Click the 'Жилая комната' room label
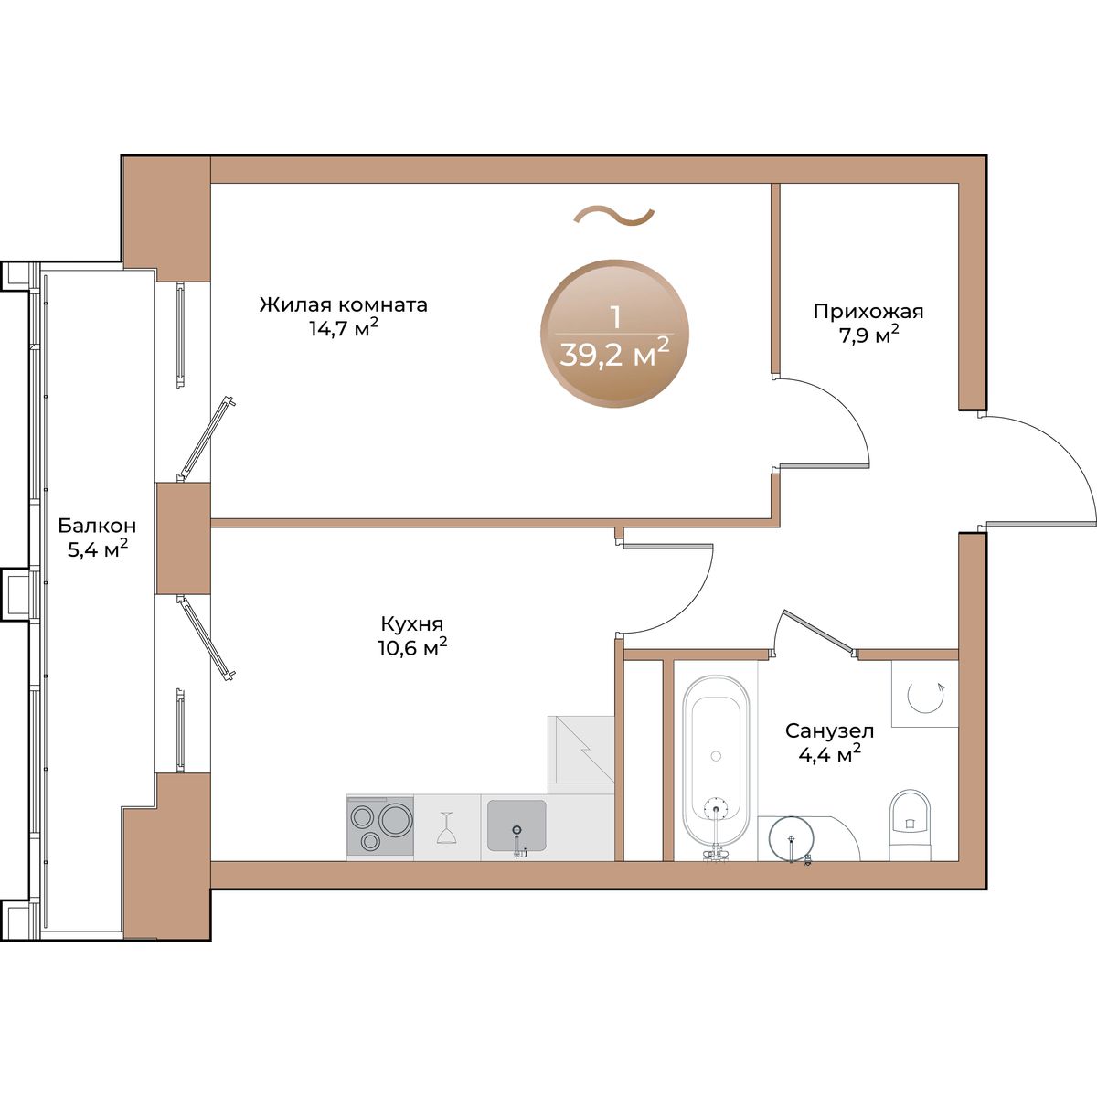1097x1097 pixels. pos(344,305)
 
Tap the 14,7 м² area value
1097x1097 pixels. pos(344,328)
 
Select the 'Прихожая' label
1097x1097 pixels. pos(868,312)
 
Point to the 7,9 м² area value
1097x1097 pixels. pos(868,335)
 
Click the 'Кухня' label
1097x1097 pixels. pos(412,623)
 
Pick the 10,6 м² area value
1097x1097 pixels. pos(412,646)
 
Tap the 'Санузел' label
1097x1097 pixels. pos(829,730)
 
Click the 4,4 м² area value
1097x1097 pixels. pos(829,753)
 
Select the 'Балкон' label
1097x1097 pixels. pos(97,525)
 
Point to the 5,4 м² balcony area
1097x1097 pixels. pos(97,548)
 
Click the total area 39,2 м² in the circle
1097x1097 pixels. pos(614,356)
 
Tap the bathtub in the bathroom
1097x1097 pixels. pos(716,762)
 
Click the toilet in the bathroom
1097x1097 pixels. pos(910,825)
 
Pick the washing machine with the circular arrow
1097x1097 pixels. pos(925,693)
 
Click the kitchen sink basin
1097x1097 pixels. pos(517,825)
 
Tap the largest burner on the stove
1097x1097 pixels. pos(396,819)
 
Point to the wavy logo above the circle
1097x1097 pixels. pos(614,216)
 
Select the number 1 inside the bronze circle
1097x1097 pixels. pos(614,317)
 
